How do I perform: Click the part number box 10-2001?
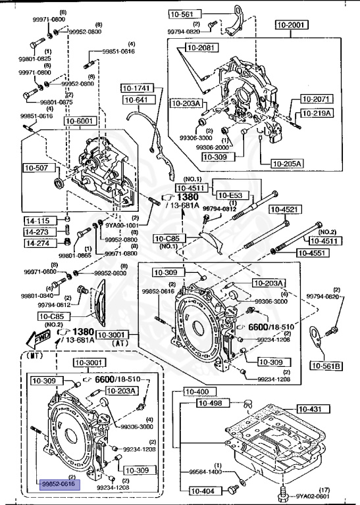[x=292, y=26]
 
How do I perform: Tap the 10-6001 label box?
[x=79, y=120]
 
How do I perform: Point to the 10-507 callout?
[x=37, y=167]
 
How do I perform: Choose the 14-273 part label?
[x=37, y=231]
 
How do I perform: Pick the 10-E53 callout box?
[x=230, y=195]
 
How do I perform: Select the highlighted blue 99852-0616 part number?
[x=59, y=484]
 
